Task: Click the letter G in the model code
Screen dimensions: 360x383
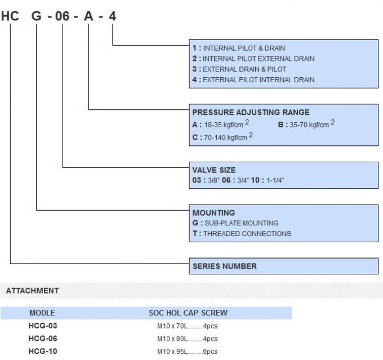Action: click(37, 16)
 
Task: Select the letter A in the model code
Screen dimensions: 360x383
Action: click(88, 16)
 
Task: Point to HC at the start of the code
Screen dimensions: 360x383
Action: click(10, 16)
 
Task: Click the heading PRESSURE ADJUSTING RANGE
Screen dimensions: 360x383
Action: click(251, 112)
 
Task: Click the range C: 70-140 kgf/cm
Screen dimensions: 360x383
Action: click(222, 137)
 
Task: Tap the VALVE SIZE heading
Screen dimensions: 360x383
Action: click(214, 170)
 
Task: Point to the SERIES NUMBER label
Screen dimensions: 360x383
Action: click(224, 266)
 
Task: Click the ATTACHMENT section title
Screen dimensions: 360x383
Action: click(32, 291)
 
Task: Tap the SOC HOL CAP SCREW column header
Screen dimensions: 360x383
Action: click(188, 313)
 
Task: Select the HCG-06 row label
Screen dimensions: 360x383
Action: click(43, 339)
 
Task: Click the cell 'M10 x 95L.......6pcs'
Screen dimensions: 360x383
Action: click(187, 352)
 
